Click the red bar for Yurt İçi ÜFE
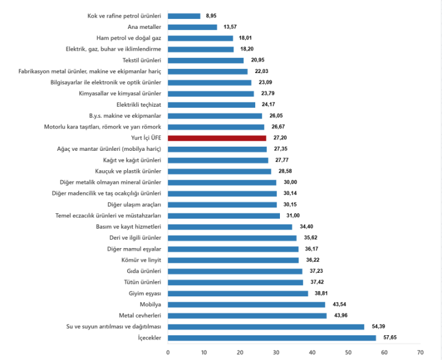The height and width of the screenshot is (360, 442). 217,138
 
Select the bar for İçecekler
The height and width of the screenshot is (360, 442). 272,338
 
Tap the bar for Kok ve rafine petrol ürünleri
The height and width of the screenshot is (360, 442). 184,16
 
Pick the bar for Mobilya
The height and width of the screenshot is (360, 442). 246,305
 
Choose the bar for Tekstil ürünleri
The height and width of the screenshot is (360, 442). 206,60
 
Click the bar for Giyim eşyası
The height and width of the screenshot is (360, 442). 238,293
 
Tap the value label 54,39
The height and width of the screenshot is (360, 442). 379,326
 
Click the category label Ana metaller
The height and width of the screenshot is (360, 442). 144,27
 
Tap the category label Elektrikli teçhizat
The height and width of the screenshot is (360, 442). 138,105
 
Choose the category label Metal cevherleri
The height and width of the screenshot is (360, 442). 140,316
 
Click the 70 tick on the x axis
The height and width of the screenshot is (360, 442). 420,352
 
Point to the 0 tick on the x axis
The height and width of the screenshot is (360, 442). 168,352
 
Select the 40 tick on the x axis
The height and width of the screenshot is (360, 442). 312,352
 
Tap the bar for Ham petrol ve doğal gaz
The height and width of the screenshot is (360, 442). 200,38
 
